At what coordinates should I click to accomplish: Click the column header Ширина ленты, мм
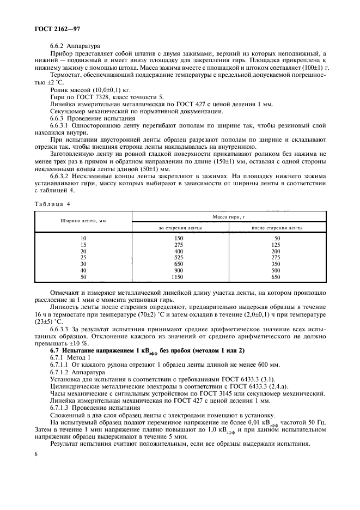[x=83, y=221]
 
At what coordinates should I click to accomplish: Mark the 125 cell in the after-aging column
[x=277, y=245]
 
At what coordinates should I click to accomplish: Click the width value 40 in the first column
[x=83, y=271]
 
